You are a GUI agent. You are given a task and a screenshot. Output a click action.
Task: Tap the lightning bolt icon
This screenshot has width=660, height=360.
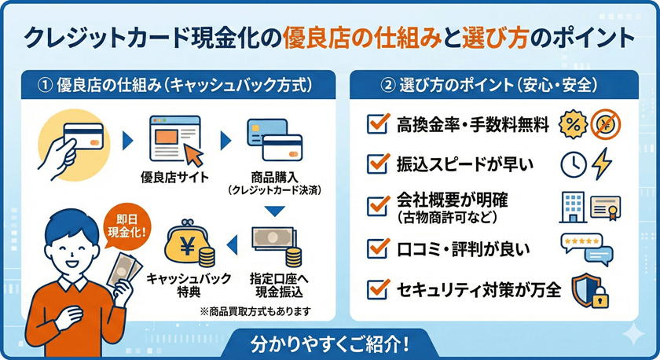(601, 163)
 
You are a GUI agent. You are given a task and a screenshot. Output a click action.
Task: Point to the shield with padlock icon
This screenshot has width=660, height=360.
(588, 290)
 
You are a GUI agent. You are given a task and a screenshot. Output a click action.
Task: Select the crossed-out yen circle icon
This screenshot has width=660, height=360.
(606, 124)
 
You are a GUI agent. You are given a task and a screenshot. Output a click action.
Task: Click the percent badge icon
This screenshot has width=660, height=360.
(572, 124)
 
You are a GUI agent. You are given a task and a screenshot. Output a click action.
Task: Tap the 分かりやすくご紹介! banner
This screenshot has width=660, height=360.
(329, 343)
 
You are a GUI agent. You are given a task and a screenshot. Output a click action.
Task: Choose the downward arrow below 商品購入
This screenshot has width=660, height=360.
(273, 211)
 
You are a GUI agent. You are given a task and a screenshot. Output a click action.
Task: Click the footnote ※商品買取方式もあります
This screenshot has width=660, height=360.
(257, 310)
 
